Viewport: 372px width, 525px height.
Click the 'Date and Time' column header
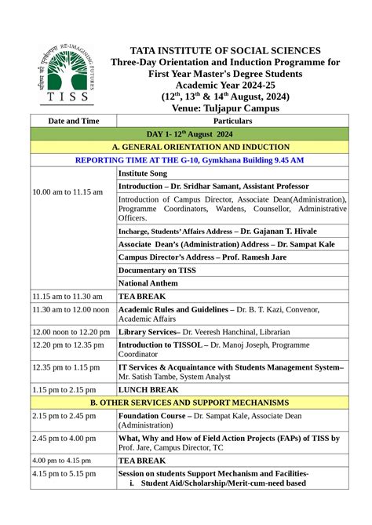click(73, 121)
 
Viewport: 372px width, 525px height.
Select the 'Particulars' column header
click(232, 121)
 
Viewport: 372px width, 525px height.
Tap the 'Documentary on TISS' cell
click(158, 269)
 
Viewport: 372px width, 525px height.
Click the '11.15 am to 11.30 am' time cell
click(67, 297)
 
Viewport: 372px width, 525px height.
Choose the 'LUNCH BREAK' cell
click(148, 389)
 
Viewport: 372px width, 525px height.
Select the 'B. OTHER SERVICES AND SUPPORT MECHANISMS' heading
click(189, 402)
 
